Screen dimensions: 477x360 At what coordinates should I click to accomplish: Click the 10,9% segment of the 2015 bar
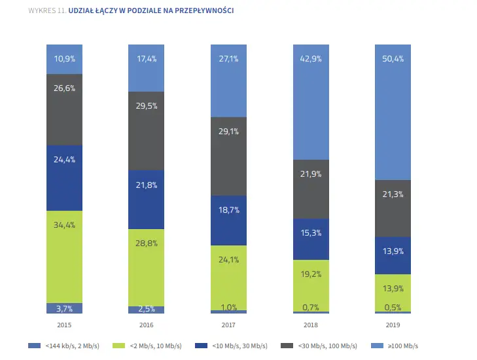pos(64,59)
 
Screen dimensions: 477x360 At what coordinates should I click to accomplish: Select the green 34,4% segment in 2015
pos(64,257)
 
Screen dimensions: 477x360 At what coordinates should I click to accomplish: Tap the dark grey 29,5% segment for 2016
pos(146,131)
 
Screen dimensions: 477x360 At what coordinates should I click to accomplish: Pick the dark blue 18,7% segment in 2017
pos(228,221)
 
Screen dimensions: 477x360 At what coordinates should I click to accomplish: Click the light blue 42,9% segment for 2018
pos(311,102)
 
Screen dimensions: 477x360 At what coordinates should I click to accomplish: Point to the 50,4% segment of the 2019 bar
pos(393,113)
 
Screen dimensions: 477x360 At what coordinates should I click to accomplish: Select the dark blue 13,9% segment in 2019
pos(393,256)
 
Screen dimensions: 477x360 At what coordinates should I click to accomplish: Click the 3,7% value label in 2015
pos(64,308)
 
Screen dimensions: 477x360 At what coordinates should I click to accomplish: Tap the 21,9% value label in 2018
pos(311,173)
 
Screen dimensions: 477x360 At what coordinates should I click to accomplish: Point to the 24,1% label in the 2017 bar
pos(228,260)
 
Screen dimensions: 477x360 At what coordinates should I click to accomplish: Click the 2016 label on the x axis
pos(147,325)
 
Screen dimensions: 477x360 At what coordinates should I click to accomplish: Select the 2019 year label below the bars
pos(393,325)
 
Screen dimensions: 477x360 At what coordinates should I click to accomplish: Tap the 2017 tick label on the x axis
pos(228,325)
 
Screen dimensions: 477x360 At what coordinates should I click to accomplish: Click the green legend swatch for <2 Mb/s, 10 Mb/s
pos(118,346)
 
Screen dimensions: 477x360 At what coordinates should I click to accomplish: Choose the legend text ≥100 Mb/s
pos(403,346)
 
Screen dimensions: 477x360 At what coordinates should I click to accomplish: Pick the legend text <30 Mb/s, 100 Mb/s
pos(328,346)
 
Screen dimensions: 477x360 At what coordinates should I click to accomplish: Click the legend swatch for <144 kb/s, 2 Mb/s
pos(35,346)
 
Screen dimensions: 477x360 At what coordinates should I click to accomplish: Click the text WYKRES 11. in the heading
pos(48,10)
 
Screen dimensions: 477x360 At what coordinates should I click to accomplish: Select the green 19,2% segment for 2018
pos(311,286)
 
